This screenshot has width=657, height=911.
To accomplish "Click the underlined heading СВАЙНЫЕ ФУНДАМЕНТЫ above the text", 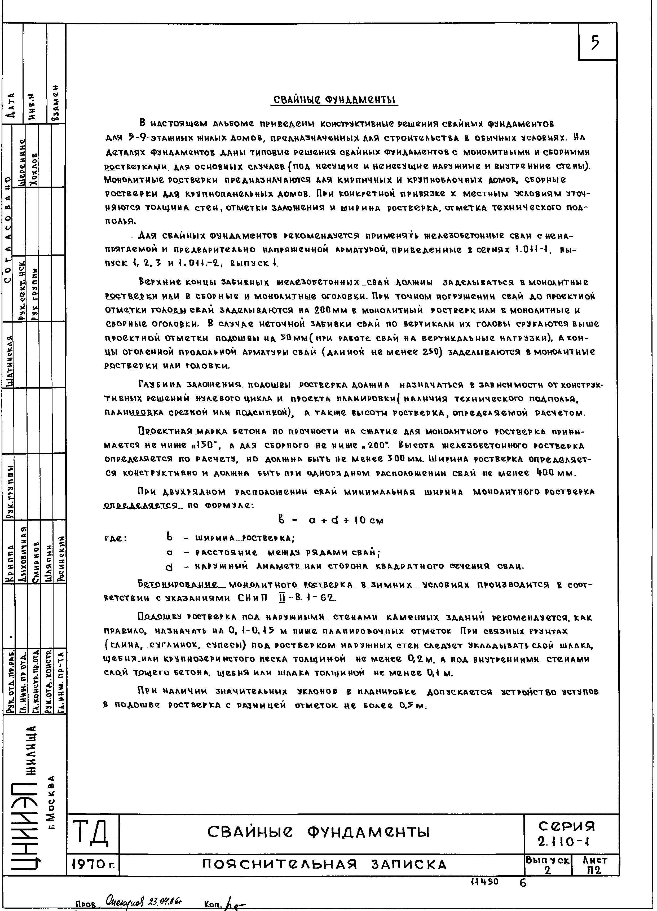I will tap(334, 100).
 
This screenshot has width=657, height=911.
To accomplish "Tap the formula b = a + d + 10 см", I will tap(330, 521).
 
